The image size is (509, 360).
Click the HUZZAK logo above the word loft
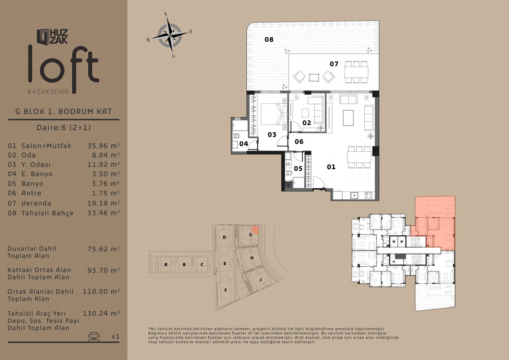point(52,36)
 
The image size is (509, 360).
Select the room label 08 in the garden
point(269,39)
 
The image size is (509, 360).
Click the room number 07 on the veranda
point(334,64)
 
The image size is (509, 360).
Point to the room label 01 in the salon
point(331,167)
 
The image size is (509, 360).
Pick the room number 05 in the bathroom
point(298,168)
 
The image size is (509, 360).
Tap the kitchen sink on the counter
point(354,195)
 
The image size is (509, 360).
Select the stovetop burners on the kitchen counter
point(369,195)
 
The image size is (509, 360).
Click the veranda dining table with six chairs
point(356,72)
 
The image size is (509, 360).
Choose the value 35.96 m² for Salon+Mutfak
point(103,145)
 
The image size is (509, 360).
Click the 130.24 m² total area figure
point(101,313)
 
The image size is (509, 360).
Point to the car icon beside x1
point(94,337)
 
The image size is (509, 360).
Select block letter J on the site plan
point(260,279)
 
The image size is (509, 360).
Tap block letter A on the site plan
point(166,265)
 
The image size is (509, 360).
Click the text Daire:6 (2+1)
point(64,127)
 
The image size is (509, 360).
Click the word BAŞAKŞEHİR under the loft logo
point(48,92)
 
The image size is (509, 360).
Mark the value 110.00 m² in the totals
point(101,291)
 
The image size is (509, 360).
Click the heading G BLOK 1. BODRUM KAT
point(64,112)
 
